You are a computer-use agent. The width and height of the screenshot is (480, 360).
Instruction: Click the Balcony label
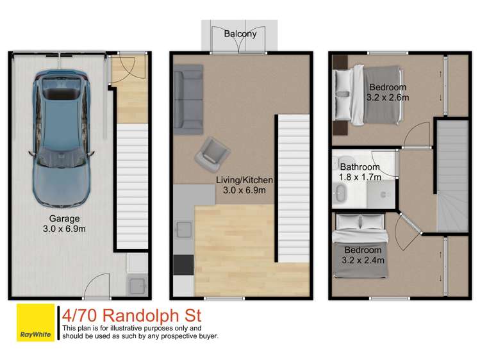[x=240, y=34]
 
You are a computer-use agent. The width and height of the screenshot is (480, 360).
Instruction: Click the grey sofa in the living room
[x=188, y=100]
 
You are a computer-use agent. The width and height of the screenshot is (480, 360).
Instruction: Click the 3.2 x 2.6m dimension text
[x=388, y=98]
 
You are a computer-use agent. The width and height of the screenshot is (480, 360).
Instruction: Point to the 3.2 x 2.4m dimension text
[x=363, y=260]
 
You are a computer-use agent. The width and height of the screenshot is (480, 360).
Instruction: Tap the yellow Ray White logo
[x=35, y=324]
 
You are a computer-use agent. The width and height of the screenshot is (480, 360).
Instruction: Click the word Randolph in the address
[x=142, y=316]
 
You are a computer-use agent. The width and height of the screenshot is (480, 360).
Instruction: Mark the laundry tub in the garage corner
[x=137, y=284]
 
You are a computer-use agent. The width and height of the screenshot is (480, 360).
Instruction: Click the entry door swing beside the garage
[x=122, y=70]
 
